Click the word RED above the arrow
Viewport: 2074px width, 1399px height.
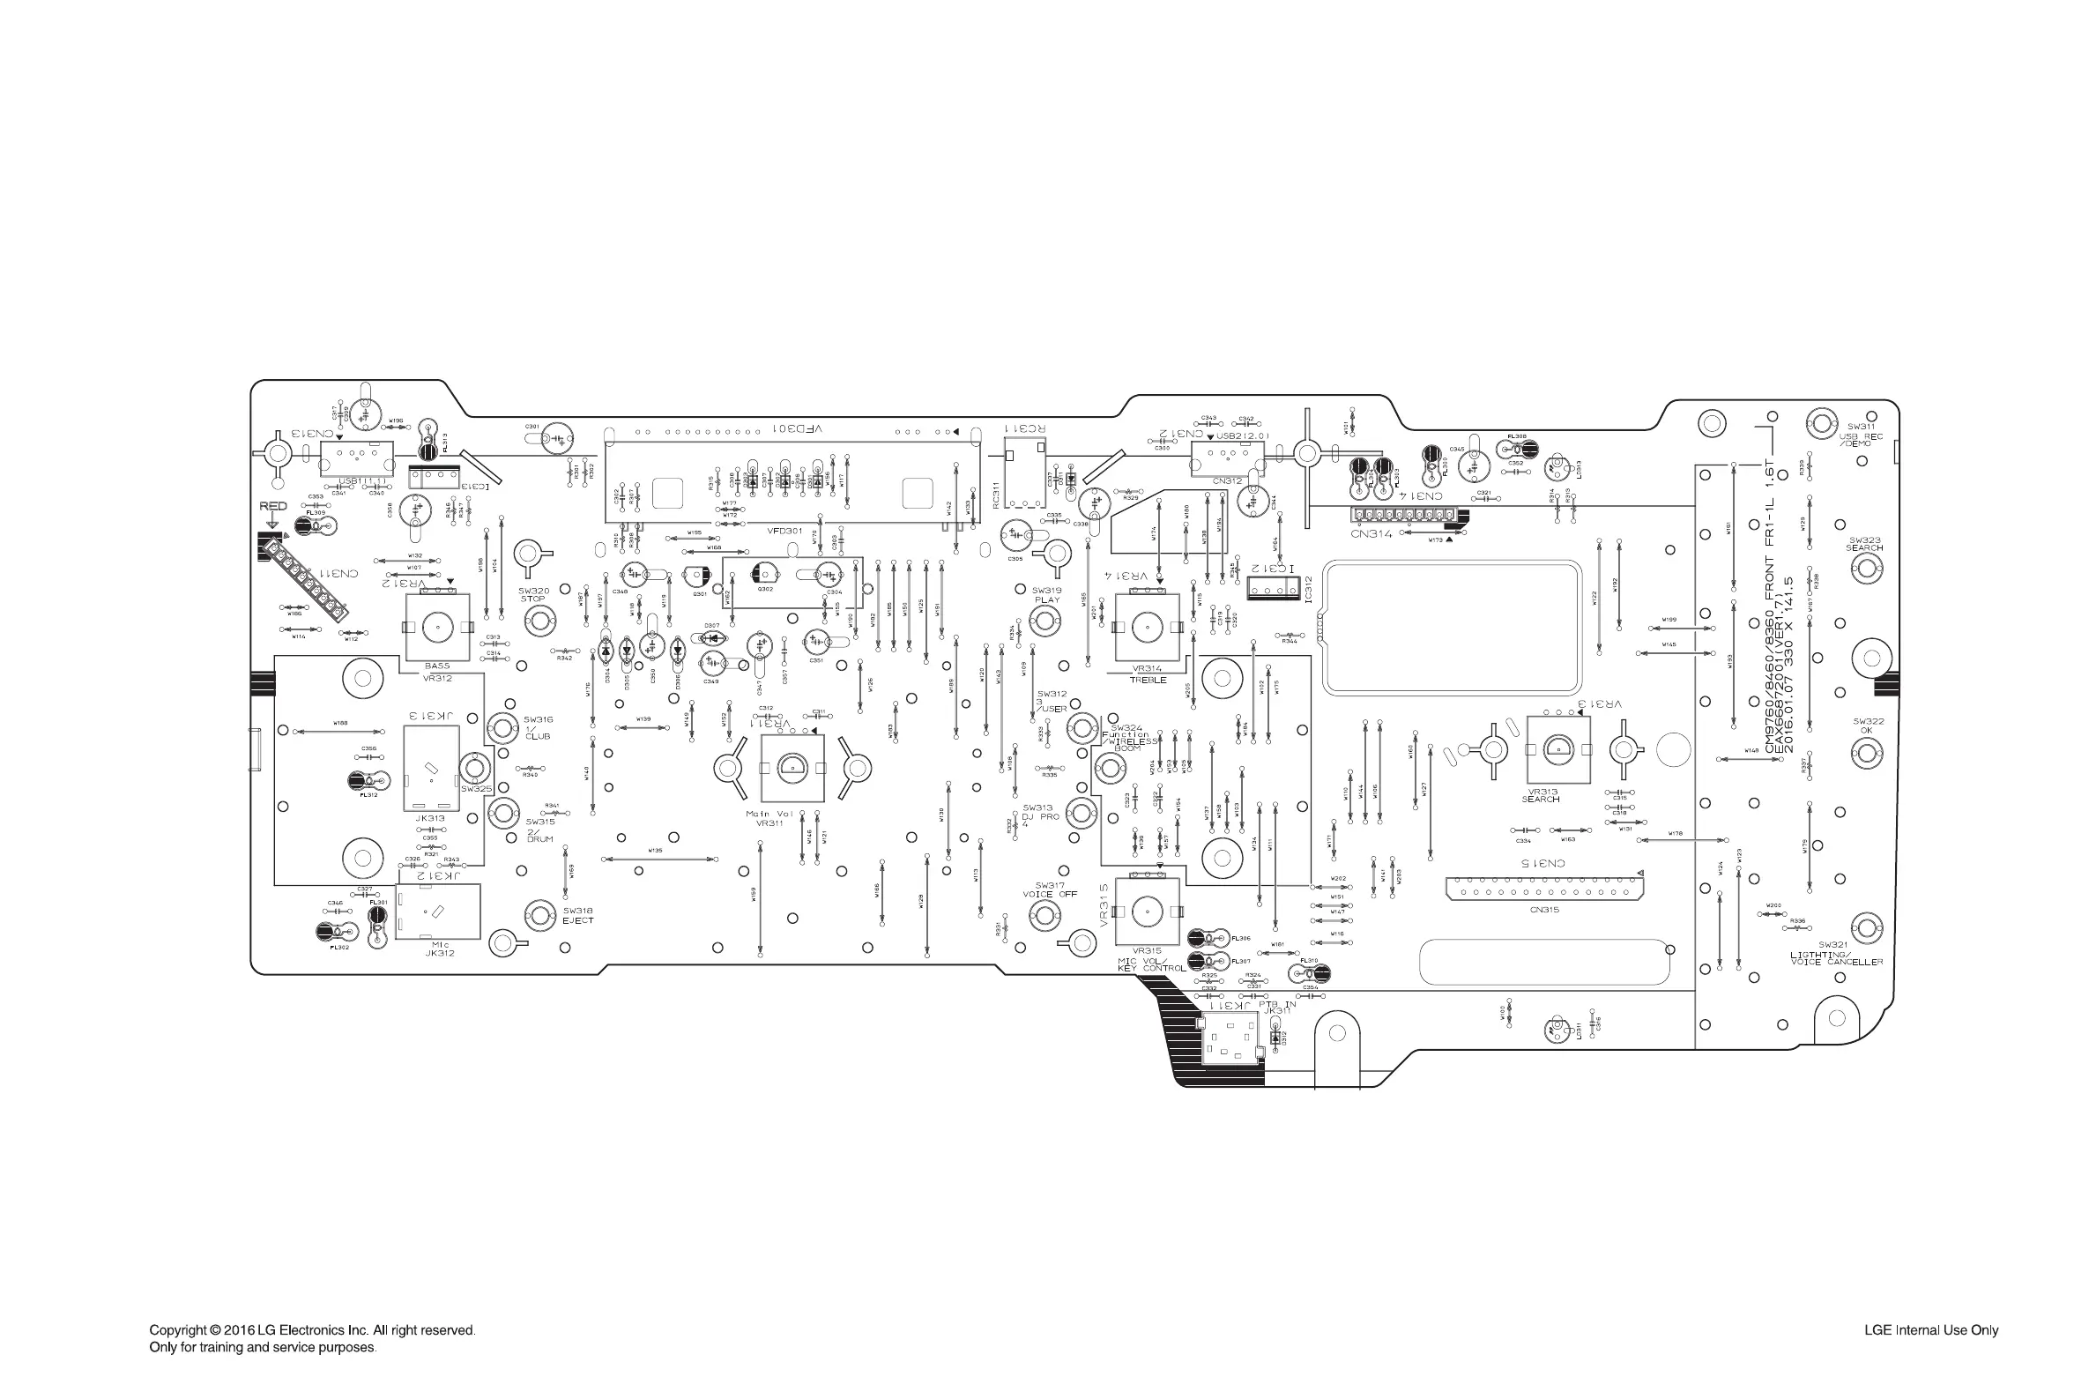pos(273,506)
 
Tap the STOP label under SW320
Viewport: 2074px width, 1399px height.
pos(532,599)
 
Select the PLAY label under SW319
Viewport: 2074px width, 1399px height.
pos(1047,599)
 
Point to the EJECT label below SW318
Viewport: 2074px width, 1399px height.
pos(577,919)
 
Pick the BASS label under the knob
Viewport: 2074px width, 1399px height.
pos(437,666)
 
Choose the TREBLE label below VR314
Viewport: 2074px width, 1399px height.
pos(1148,680)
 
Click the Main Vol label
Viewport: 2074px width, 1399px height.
pos(769,814)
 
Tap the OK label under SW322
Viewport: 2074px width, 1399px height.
pos(1867,731)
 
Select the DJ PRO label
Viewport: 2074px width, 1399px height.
pos(1040,816)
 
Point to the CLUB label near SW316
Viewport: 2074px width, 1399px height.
pos(538,736)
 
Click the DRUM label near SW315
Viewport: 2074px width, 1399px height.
pos(539,838)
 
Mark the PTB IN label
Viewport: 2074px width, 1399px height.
pos(1276,1004)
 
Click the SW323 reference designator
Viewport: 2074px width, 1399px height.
pos(1864,540)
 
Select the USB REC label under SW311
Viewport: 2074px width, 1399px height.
pos(1861,436)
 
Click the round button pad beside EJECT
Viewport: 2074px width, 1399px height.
pos(540,914)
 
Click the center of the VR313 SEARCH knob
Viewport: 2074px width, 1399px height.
pos(1557,749)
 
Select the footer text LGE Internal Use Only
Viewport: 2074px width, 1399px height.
pos(1930,1330)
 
